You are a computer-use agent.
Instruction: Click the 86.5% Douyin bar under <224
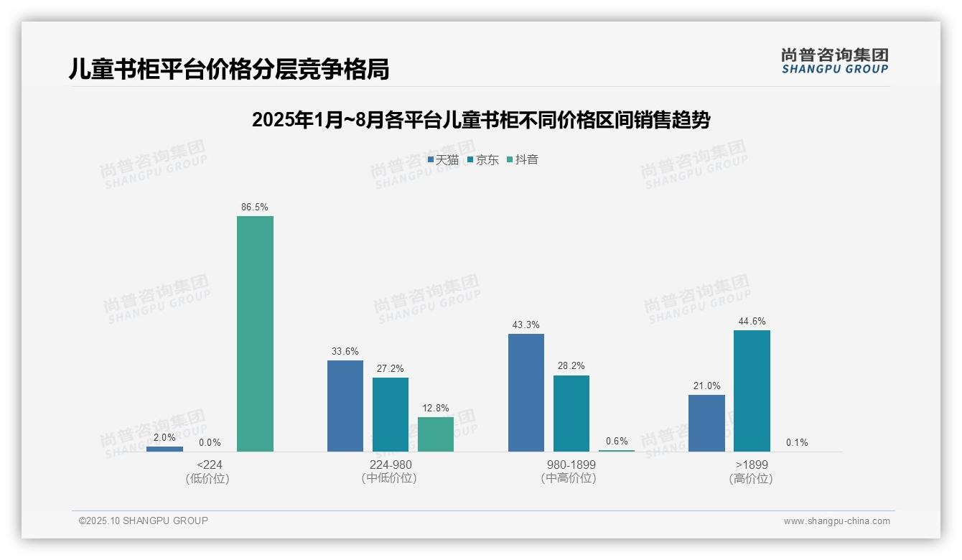tap(255, 334)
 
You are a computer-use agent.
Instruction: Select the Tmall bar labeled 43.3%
tap(526, 393)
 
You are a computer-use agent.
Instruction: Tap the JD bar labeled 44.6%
tap(752, 391)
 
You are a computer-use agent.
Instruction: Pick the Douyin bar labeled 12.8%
tap(436, 434)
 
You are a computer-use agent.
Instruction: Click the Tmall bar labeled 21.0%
tap(706, 423)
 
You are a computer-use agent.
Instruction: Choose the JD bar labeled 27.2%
tap(391, 414)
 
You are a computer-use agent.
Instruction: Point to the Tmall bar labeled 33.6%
tap(345, 406)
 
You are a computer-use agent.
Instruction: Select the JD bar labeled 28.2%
tap(571, 414)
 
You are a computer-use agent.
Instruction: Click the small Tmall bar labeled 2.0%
tap(164, 449)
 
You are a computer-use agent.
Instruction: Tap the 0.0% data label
tap(210, 443)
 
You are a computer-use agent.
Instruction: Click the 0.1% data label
tap(797, 442)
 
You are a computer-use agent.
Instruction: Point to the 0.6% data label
tap(617, 442)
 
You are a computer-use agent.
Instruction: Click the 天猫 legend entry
tap(443, 160)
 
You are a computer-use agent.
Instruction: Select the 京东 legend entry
tap(482, 160)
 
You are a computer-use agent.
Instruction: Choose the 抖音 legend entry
tap(522, 160)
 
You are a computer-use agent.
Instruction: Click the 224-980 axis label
tap(391, 465)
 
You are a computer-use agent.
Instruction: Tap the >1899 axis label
tap(752, 465)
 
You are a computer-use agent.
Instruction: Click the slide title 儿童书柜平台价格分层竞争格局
tap(229, 69)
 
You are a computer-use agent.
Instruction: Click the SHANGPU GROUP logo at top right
tap(834, 61)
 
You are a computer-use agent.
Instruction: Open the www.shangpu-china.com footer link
tap(836, 521)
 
